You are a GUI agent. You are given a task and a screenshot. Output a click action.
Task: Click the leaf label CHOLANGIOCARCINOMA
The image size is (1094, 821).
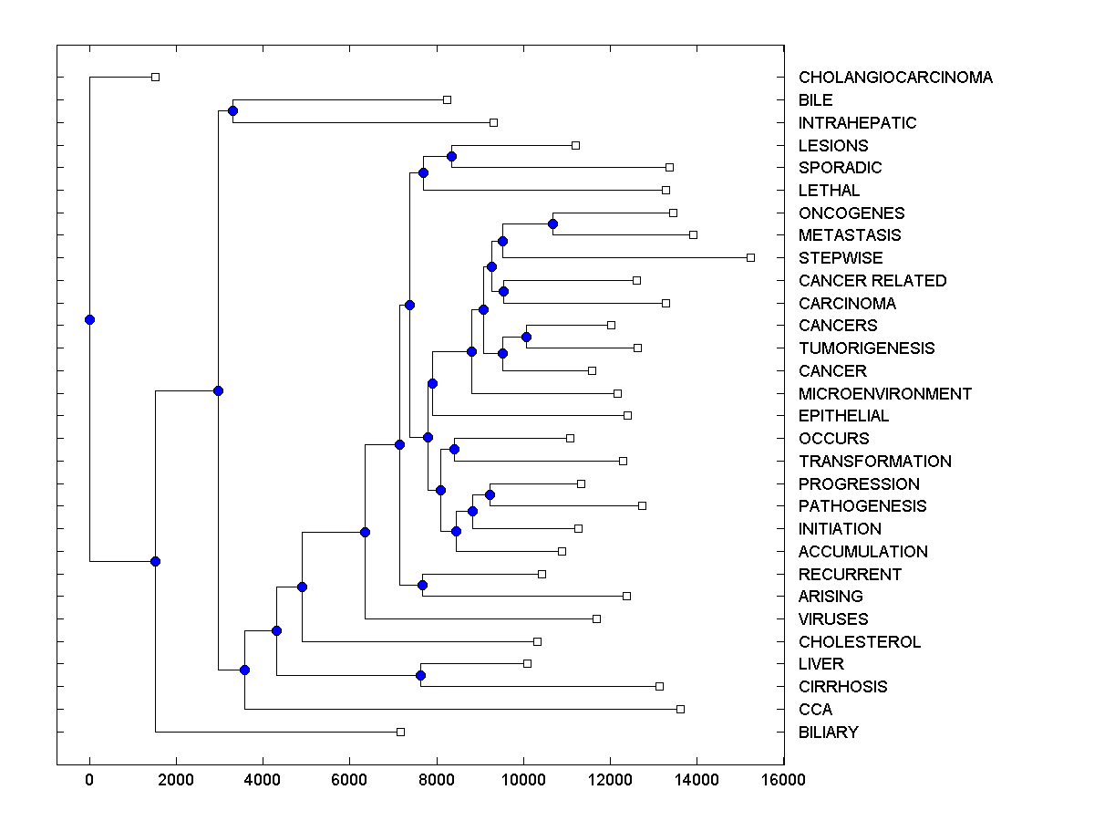point(895,78)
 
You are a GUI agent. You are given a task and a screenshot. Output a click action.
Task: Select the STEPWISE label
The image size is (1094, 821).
point(841,258)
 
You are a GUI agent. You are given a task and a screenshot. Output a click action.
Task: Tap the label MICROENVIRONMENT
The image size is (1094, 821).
point(885,394)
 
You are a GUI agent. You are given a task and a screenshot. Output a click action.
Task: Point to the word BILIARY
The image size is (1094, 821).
point(828,733)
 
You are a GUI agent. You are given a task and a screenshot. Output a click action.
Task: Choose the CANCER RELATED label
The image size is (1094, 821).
point(872,281)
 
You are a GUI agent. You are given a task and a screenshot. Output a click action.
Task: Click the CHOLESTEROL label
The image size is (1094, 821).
point(860,642)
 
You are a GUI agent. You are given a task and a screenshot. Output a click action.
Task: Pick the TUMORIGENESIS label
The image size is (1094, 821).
point(866,348)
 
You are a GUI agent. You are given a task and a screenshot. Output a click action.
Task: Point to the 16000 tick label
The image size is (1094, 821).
point(784,780)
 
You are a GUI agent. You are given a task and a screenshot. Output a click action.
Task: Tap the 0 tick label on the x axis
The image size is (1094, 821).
point(89,780)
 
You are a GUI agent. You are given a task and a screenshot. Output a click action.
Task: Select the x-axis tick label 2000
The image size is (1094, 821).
point(176,780)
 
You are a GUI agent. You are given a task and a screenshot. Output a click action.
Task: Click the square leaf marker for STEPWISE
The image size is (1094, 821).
point(750,257)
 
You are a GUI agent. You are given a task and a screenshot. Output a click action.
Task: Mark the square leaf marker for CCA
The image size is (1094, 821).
point(680,709)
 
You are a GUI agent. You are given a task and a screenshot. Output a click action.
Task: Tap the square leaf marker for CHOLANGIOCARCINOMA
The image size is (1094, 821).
point(155,77)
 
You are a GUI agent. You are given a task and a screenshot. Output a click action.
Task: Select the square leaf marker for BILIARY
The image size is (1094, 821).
point(400,732)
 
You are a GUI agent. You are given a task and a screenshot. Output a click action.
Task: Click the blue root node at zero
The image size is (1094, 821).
point(89,319)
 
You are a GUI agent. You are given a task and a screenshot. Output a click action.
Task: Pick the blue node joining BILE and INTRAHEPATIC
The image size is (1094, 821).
point(232,110)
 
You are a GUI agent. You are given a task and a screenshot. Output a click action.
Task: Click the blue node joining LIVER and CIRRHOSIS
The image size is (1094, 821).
point(420,675)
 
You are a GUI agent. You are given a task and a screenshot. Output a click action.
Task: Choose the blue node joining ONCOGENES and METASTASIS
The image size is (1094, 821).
point(552,223)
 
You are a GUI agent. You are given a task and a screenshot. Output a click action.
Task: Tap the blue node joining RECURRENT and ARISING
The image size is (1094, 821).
point(422,585)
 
